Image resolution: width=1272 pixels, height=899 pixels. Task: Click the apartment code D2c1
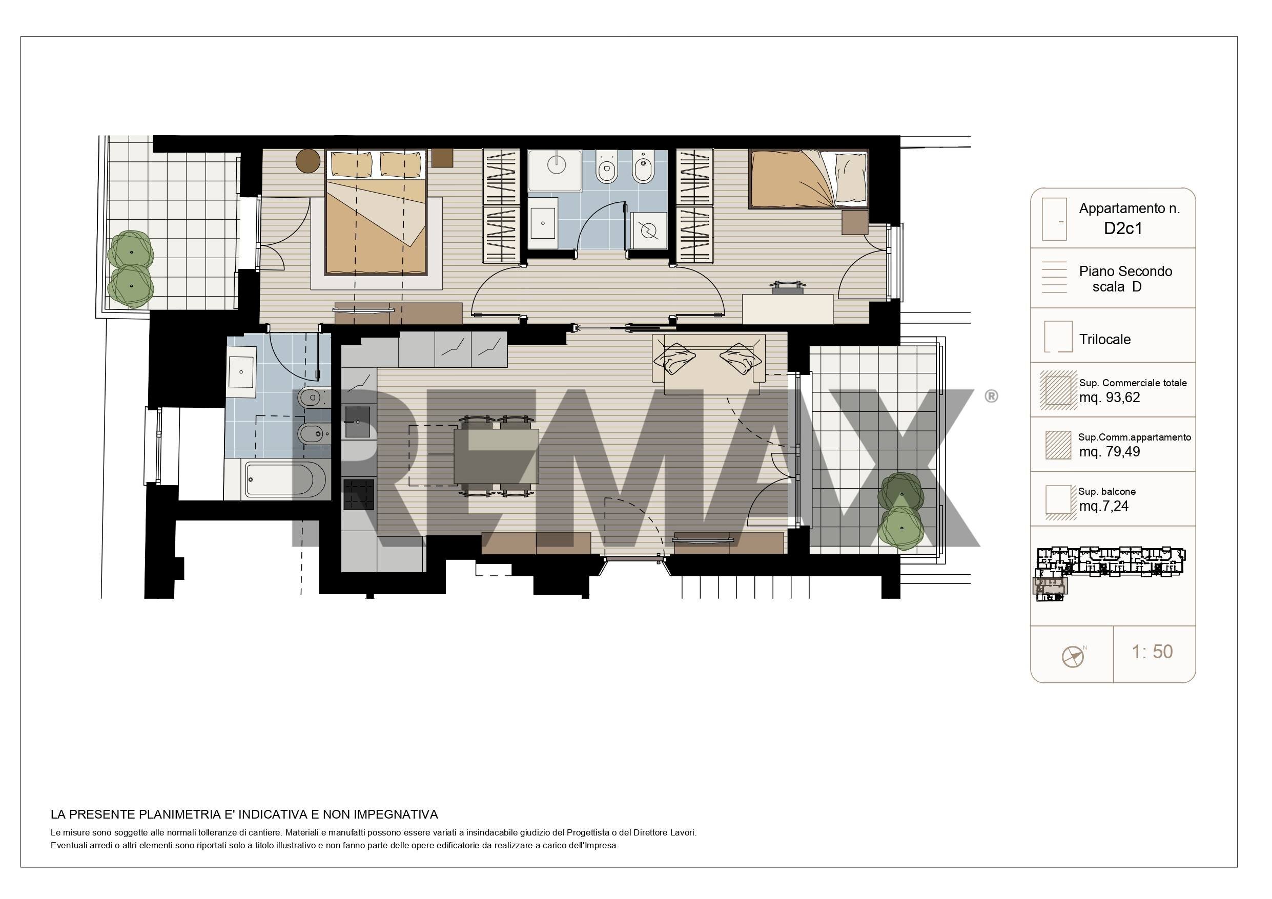1122,228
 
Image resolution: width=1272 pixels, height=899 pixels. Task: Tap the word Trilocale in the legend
1105,340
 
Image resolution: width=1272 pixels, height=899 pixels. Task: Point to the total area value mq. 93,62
1109,397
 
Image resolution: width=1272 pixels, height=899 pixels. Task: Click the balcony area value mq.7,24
1103,506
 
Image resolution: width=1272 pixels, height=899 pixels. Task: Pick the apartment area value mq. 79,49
1109,451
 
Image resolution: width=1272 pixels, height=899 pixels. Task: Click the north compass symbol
1073,656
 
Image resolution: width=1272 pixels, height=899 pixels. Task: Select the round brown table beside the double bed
308,161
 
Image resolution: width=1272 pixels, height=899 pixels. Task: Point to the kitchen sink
358,422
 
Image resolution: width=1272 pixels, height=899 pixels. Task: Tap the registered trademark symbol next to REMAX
991,396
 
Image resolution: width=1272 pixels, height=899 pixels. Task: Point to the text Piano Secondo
1125,271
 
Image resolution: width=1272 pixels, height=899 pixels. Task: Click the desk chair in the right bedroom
788,287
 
